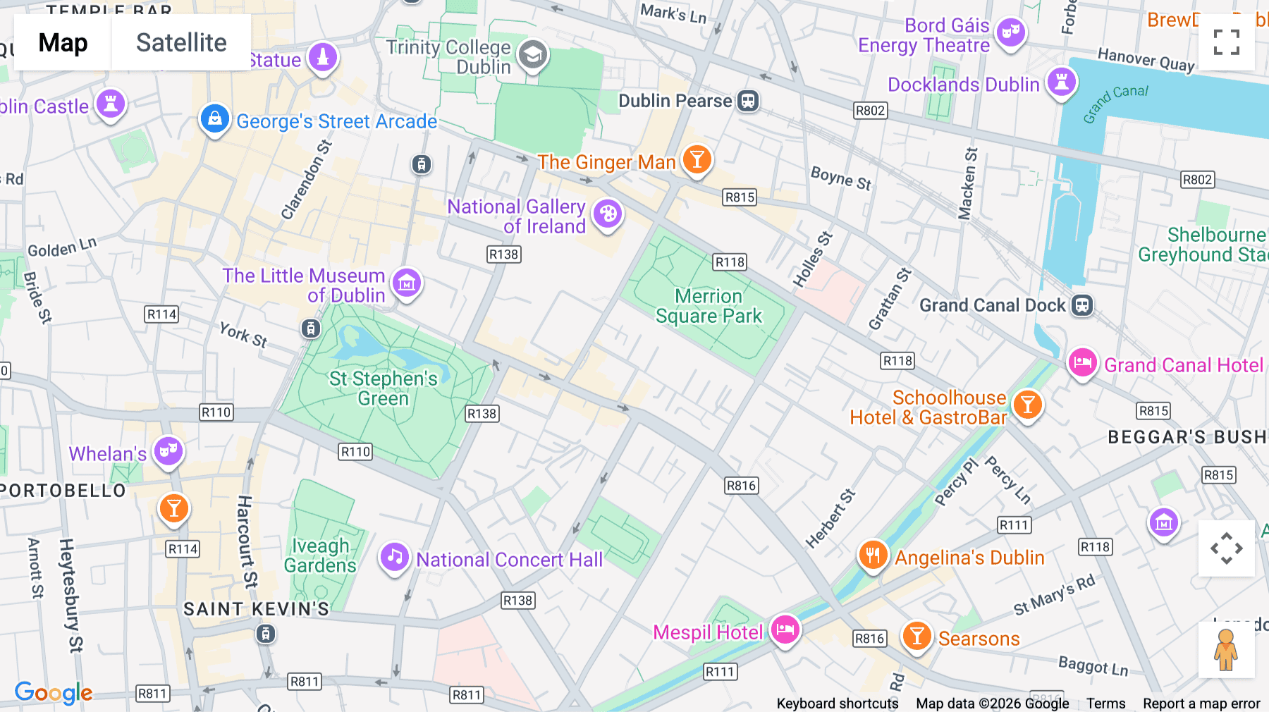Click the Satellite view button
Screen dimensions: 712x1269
(181, 42)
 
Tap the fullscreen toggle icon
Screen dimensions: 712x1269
(1226, 42)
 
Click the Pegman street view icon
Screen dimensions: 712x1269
(1226, 650)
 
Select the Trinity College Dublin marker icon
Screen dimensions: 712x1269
(533, 55)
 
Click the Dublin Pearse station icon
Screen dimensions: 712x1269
(748, 101)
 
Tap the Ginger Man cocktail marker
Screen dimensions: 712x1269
(697, 160)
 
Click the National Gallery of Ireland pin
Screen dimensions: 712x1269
(607, 214)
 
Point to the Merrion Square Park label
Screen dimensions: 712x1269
(709, 306)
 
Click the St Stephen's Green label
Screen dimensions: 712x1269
(383, 388)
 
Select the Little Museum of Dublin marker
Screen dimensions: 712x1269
(407, 283)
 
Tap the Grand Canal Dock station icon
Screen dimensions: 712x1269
(1082, 305)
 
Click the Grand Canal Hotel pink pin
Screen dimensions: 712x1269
(1082, 363)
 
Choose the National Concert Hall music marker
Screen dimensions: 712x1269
(394, 558)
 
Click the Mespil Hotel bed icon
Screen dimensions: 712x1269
(785, 629)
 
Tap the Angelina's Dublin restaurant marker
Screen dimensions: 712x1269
(873, 556)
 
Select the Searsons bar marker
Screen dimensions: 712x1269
(916, 637)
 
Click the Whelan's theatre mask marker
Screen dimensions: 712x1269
(168, 451)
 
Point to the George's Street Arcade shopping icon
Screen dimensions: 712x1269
(214, 119)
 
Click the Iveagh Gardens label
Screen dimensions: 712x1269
(321, 556)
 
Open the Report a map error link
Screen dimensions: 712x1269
(1201, 704)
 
